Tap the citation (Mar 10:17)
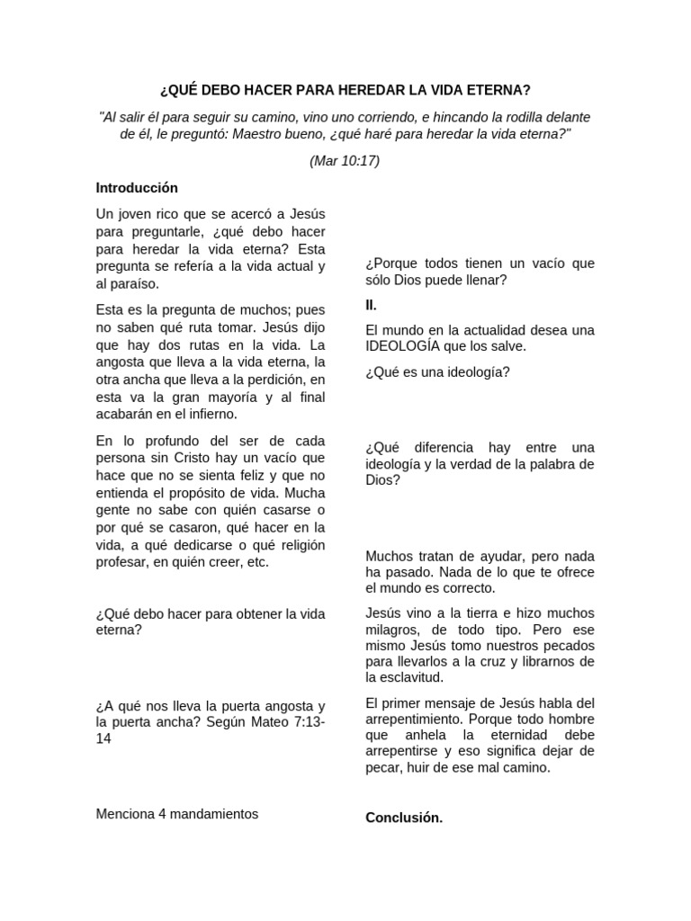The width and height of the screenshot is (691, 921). point(345,161)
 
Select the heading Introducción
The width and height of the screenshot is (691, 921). point(137,188)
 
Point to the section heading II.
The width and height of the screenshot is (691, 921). point(371,305)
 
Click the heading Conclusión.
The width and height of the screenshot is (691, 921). point(404,818)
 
